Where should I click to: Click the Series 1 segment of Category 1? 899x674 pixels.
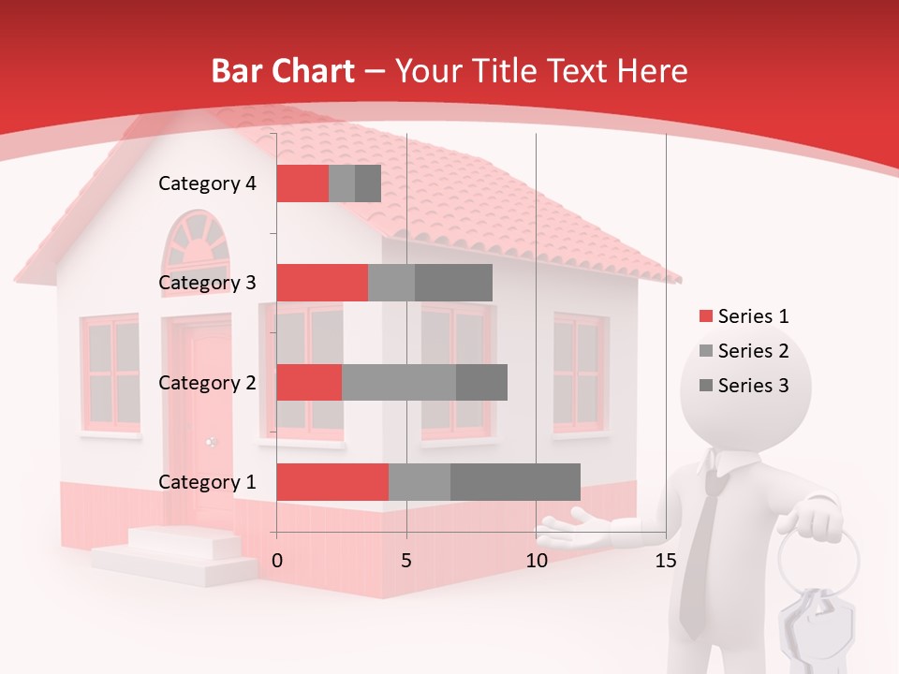tap(332, 482)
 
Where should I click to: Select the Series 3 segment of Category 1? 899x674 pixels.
tap(515, 482)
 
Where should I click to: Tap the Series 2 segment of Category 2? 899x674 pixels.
tap(399, 382)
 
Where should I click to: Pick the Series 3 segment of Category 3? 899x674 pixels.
tap(453, 283)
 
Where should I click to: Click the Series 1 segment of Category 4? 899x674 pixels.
tap(302, 183)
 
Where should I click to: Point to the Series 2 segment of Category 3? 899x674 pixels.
tap(391, 283)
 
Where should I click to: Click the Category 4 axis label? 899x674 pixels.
tap(207, 183)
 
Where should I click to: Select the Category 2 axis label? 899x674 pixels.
tap(207, 383)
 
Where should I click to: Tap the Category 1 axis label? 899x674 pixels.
tap(207, 482)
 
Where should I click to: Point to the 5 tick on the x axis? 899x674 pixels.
tap(406, 561)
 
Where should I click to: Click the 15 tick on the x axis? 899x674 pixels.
tap(665, 561)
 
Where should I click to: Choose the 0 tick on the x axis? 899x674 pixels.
tap(277, 561)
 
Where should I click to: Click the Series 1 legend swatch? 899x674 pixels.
tap(705, 316)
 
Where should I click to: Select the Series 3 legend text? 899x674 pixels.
tap(753, 386)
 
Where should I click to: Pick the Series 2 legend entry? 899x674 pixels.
tap(744, 351)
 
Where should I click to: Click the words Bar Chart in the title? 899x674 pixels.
tap(283, 71)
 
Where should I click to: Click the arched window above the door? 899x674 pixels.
tap(196, 242)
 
